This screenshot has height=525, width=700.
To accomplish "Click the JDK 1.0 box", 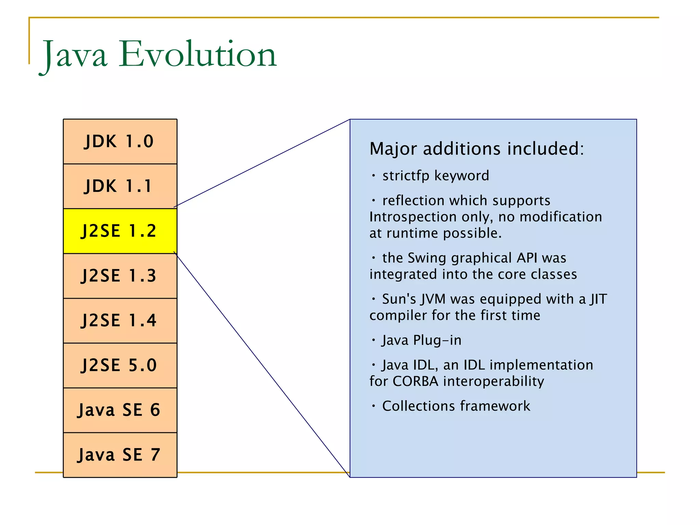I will coord(120,142).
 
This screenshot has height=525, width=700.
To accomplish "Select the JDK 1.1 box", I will coord(120,186).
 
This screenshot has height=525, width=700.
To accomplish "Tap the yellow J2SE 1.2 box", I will coord(120,231).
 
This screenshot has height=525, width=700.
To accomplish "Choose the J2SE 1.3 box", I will coord(120,276).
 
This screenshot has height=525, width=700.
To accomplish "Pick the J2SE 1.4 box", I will coord(120,321).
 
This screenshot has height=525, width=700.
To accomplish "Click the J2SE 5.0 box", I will coord(120,365).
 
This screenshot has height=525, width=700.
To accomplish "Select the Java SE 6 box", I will coord(120,410).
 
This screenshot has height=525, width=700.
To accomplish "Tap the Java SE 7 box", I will coord(120,455).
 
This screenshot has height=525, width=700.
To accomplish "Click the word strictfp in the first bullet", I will coord(406,176).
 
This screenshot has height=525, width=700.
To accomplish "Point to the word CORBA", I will coord(415,381).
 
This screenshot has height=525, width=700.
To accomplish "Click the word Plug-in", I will coord(437,340).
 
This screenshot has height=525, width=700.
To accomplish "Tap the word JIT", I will coord(598,299).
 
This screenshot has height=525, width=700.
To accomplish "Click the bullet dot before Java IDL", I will coord(374,365).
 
